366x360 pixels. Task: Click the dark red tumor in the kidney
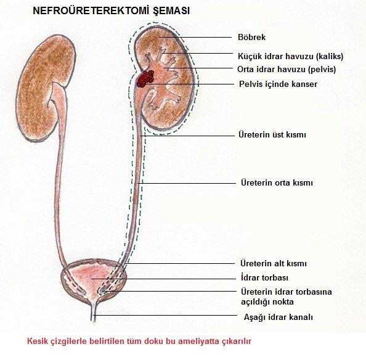pyautogui.click(x=145, y=79)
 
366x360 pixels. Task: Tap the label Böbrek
pyautogui.click(x=251, y=37)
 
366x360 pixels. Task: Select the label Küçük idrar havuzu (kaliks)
pyautogui.click(x=290, y=56)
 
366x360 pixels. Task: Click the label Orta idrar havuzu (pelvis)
pyautogui.click(x=287, y=69)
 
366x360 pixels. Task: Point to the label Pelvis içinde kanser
pyautogui.click(x=278, y=84)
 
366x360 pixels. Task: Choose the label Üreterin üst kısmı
pyautogui.click(x=272, y=135)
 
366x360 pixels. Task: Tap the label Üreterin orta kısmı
pyautogui.click(x=277, y=182)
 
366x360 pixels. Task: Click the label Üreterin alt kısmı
pyautogui.click(x=274, y=264)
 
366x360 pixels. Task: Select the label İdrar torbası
pyautogui.click(x=264, y=278)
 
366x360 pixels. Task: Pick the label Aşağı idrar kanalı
pyautogui.click(x=279, y=317)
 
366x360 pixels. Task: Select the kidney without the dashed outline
pyautogui.click(x=46, y=88)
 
